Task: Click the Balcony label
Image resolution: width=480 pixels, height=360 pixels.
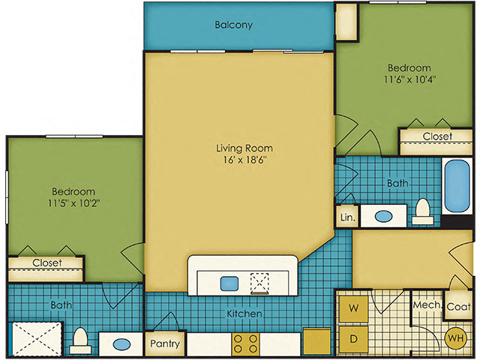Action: point(233,25)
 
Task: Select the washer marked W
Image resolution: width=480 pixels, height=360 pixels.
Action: point(353,308)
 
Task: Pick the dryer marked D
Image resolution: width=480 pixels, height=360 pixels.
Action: point(353,339)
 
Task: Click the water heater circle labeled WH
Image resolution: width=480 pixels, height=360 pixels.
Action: point(455,338)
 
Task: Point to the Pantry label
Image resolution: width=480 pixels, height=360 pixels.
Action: point(165,343)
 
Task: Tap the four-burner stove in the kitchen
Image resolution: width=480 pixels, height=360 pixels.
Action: point(245,344)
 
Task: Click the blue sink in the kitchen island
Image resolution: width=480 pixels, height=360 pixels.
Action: point(229,283)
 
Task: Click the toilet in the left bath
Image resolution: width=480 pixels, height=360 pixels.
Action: point(80,340)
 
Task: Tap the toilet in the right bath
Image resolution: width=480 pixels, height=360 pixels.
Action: point(423,211)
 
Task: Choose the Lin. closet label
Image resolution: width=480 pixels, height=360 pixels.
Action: point(348,217)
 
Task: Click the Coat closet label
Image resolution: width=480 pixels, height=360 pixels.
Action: point(458,307)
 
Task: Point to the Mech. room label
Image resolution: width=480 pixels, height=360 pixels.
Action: point(427,305)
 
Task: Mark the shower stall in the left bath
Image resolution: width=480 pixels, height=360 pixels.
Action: point(36,338)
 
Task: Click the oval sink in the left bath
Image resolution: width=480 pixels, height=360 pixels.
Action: point(121,344)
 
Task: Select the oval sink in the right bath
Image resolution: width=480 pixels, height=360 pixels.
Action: point(383,217)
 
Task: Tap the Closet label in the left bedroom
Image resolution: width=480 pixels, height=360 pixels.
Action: point(47,262)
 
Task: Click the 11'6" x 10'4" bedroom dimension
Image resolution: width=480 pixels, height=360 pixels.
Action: point(410,79)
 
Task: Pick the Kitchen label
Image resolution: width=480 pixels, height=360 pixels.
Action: point(244,313)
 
